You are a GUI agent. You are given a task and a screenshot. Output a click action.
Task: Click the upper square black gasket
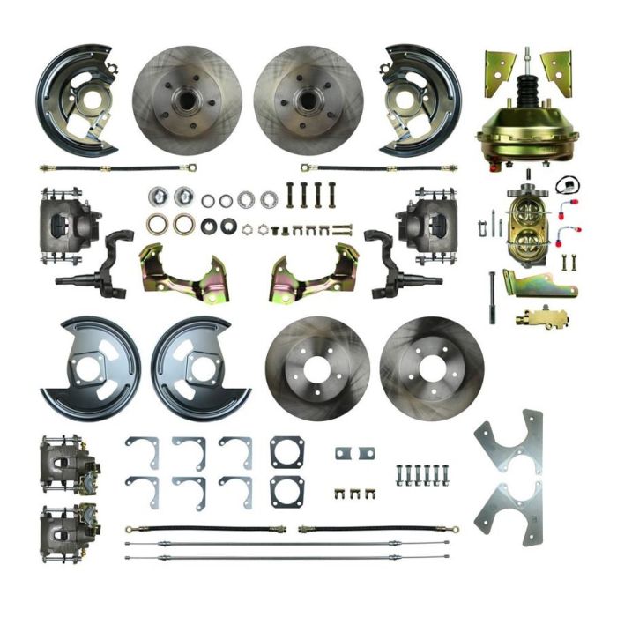tap(287, 453)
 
